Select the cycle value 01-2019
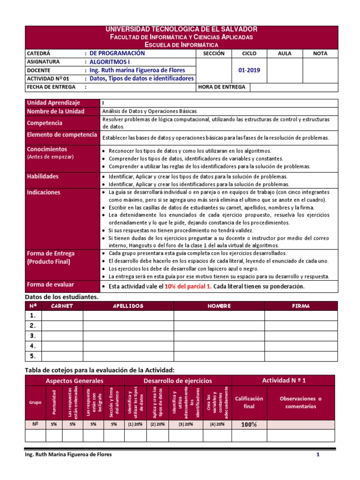pos(249,70)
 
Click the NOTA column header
pos(320,53)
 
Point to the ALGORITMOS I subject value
pos(111,62)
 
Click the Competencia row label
pos(45,123)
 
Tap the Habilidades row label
pos(43,177)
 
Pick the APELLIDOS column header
pos(128,306)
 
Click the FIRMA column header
pos(300,306)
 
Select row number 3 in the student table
pos(33,336)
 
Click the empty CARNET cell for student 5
pos(62,356)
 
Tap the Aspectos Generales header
pos(75,381)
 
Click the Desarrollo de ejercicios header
pos(178,381)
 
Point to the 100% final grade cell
pos(249,425)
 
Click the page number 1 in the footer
pos(318,455)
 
